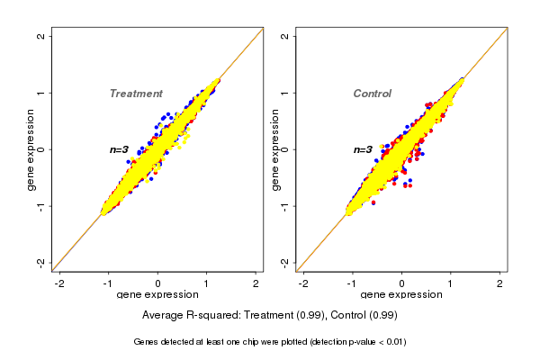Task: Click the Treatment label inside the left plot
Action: coord(136,94)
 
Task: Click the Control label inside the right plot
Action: coord(373,94)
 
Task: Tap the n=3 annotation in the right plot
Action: coord(363,149)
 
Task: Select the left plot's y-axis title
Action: coord(31,149)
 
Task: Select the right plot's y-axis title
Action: coord(274,149)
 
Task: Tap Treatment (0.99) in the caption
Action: coord(283,316)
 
